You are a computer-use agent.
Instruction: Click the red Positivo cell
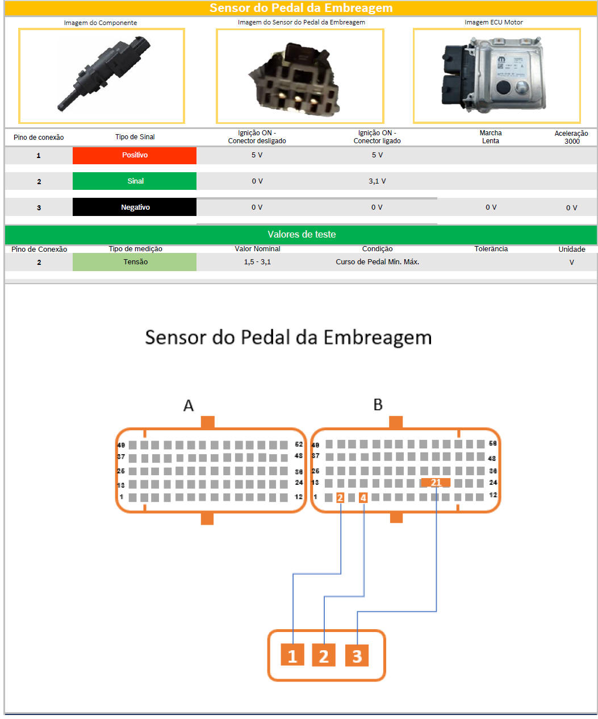pyautogui.click(x=135, y=155)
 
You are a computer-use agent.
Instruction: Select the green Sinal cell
pyautogui.click(x=135, y=181)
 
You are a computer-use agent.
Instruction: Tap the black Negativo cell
pyautogui.click(x=135, y=207)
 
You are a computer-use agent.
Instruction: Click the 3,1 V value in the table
pyautogui.click(x=377, y=181)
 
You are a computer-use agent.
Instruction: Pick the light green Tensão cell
pyautogui.click(x=135, y=262)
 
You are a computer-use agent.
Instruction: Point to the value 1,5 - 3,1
pyautogui.click(x=257, y=262)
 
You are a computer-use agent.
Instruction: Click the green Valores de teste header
pyautogui.click(x=301, y=234)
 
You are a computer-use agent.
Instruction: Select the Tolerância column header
pyautogui.click(x=491, y=249)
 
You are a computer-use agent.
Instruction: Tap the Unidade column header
pyautogui.click(x=571, y=249)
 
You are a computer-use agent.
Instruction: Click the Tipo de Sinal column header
pyautogui.click(x=135, y=137)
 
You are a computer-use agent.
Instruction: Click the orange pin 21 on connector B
pyautogui.click(x=436, y=483)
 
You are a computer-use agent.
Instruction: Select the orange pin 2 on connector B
pyautogui.click(x=340, y=498)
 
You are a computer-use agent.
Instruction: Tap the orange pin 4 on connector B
pyautogui.click(x=363, y=498)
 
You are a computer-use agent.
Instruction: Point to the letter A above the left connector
pyautogui.click(x=189, y=405)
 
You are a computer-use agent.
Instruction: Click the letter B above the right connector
pyautogui.click(x=378, y=405)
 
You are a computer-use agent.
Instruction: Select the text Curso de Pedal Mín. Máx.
pyautogui.click(x=377, y=262)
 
